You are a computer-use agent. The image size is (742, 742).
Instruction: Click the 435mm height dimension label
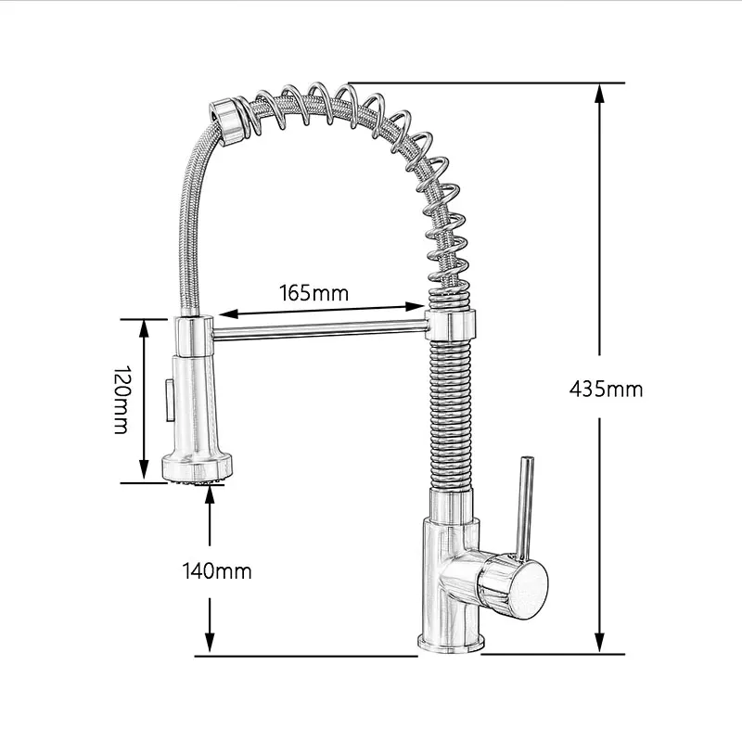click(x=606, y=389)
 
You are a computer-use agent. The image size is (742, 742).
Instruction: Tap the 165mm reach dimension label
click(x=313, y=293)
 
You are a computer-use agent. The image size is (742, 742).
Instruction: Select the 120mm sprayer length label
click(x=120, y=399)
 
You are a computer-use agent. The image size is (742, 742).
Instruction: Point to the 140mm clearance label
click(x=215, y=570)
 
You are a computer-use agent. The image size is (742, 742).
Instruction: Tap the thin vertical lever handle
click(x=524, y=505)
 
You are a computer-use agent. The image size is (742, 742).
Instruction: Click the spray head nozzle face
click(x=195, y=480)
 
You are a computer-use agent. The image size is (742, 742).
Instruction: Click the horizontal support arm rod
click(x=320, y=327)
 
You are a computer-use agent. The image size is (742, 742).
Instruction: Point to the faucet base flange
click(x=449, y=643)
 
